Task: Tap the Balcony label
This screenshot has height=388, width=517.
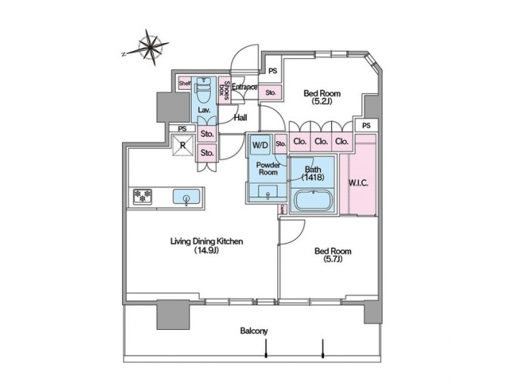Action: click(253, 331)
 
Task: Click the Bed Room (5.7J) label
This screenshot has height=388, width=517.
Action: click(332, 256)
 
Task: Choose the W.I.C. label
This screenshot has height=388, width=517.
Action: click(358, 183)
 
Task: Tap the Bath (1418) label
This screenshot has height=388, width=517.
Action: click(312, 172)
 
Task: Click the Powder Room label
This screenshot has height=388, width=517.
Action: click(268, 167)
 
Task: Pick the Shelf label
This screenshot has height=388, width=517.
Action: click(184, 83)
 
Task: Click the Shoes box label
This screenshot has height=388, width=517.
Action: click(224, 92)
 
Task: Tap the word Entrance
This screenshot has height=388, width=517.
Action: click(244, 88)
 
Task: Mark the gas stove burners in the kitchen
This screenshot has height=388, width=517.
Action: click(141, 196)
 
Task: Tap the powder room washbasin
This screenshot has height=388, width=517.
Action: click(267, 192)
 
